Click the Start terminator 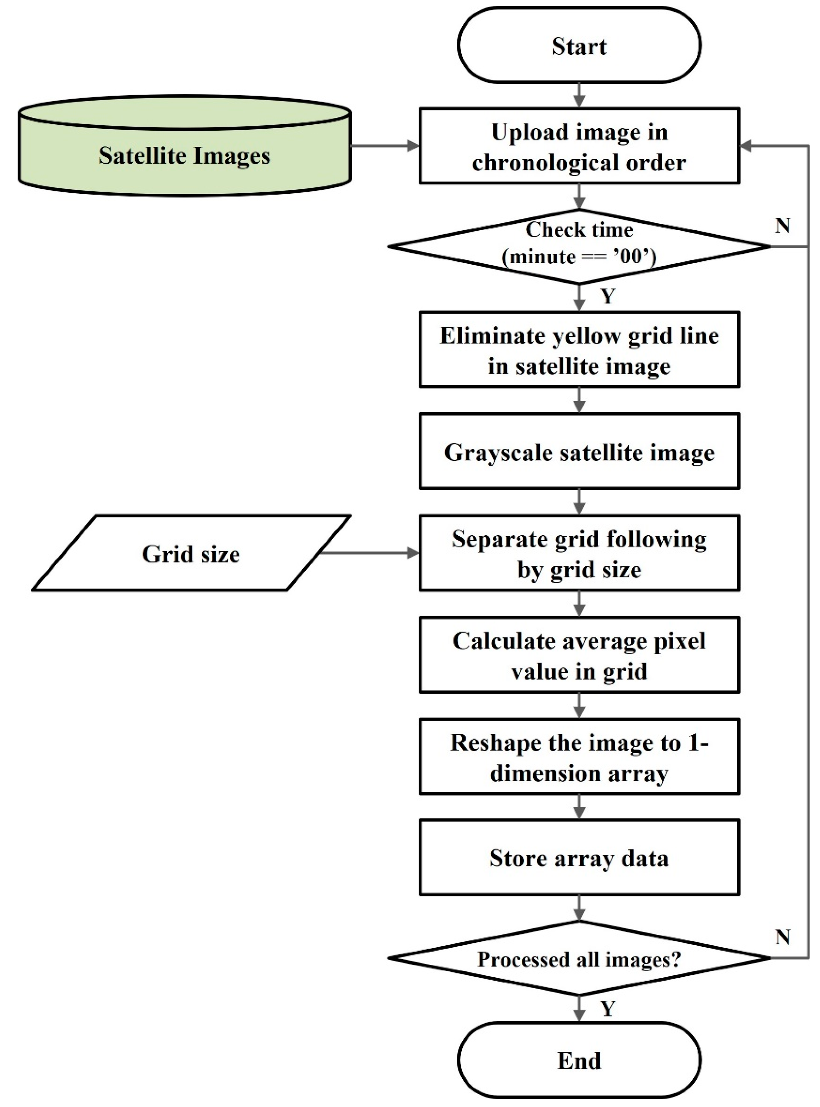tap(579, 46)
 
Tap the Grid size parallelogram tap(191, 553)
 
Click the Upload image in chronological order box tap(579, 146)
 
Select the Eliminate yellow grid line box tap(579, 350)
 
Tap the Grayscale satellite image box tap(579, 452)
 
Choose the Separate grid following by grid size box tap(579, 553)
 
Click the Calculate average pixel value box tap(579, 655)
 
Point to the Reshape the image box tap(579, 757)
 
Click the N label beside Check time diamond tap(782, 226)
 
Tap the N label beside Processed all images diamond tap(782, 937)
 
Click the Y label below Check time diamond tap(608, 296)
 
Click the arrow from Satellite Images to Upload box tap(385, 146)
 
